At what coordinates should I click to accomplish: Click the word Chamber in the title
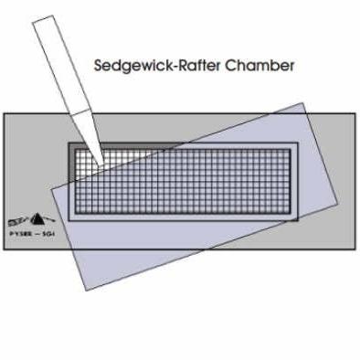coord(264,67)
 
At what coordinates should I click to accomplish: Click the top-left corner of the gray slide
coord(4,113)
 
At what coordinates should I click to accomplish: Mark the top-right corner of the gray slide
coord(355,113)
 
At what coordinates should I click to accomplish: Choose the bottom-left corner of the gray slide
coord(4,248)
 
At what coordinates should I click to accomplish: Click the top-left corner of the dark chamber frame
coord(63,140)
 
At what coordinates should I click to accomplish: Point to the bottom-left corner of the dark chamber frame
coord(63,220)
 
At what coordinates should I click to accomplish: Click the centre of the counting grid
coord(181,180)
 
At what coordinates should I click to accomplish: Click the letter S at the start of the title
coord(99,67)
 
